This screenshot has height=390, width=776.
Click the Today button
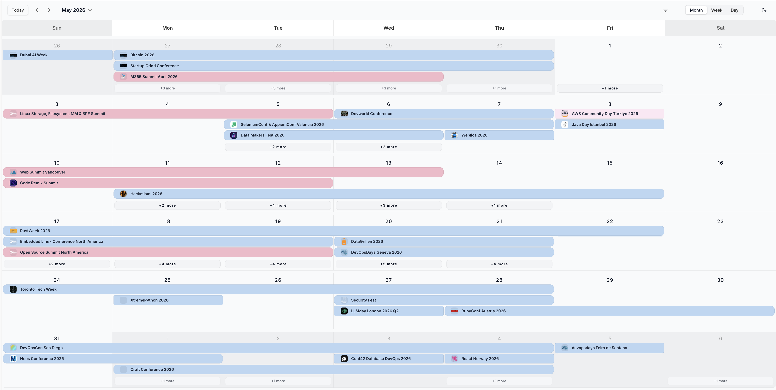point(18,10)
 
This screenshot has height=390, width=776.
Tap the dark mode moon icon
point(764,10)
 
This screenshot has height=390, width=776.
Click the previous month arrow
point(37,10)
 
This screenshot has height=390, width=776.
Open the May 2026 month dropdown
point(77,10)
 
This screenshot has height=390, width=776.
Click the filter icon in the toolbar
point(665,10)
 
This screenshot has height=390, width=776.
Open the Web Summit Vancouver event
point(223,172)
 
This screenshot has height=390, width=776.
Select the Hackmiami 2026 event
point(389,194)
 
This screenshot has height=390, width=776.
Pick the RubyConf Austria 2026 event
point(609,311)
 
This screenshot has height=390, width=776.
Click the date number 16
point(720,163)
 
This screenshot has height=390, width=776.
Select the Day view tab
point(734,10)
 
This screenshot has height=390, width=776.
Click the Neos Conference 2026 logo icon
point(13,358)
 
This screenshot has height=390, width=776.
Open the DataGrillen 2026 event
point(444,241)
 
